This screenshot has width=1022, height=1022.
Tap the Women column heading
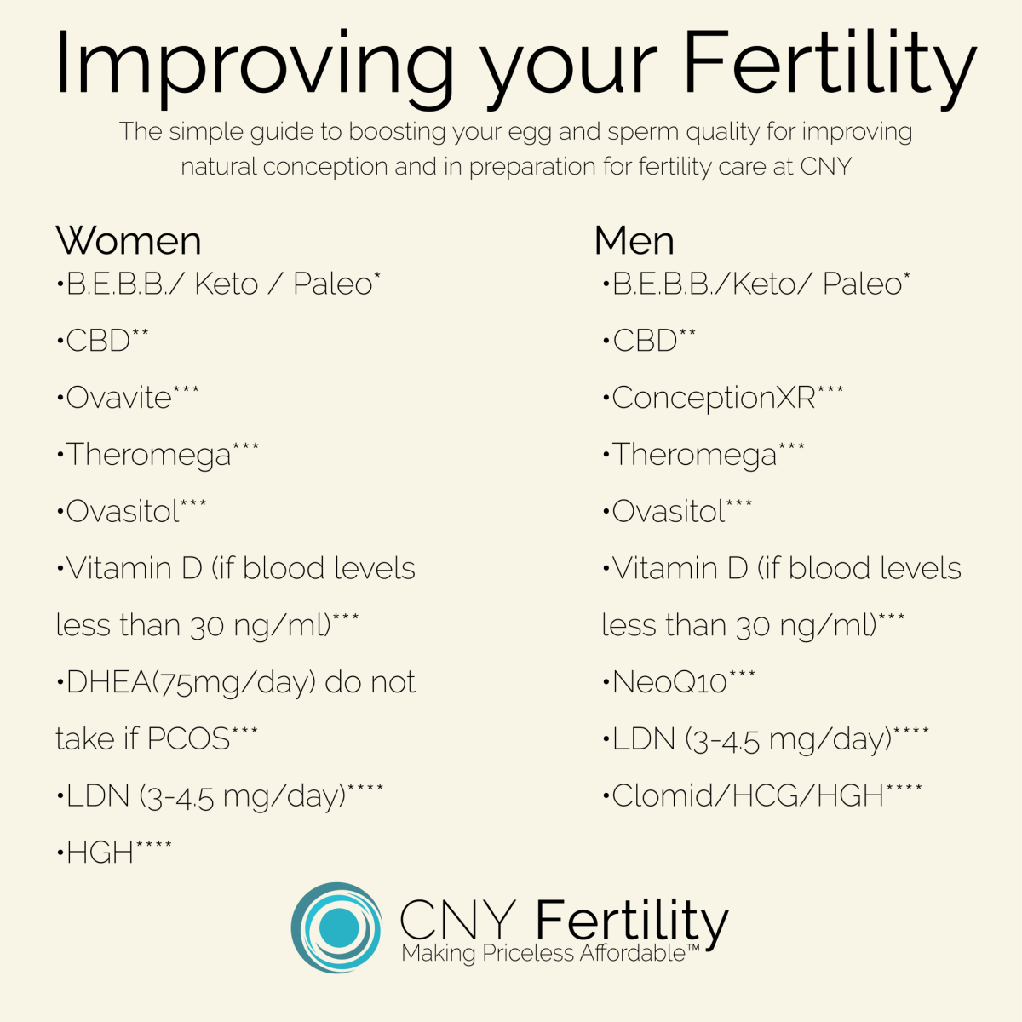pos(129,241)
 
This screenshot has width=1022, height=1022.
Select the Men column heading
pos(634,241)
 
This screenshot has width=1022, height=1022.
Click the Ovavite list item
pos(127,397)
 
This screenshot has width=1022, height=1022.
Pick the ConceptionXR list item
pos(723,399)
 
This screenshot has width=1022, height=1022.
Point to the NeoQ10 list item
pos(678,681)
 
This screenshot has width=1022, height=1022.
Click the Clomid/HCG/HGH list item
pos(762,796)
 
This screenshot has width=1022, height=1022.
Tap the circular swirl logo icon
pos(336,927)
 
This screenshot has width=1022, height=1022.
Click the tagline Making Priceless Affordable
pos(550,953)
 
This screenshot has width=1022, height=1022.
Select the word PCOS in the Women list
pos(189,738)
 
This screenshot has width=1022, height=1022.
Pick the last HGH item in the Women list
pos(113,853)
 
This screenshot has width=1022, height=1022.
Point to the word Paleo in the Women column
pos(332,284)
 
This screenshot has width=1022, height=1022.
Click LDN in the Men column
pos(643,738)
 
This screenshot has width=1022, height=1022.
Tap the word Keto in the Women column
pos(227,284)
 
